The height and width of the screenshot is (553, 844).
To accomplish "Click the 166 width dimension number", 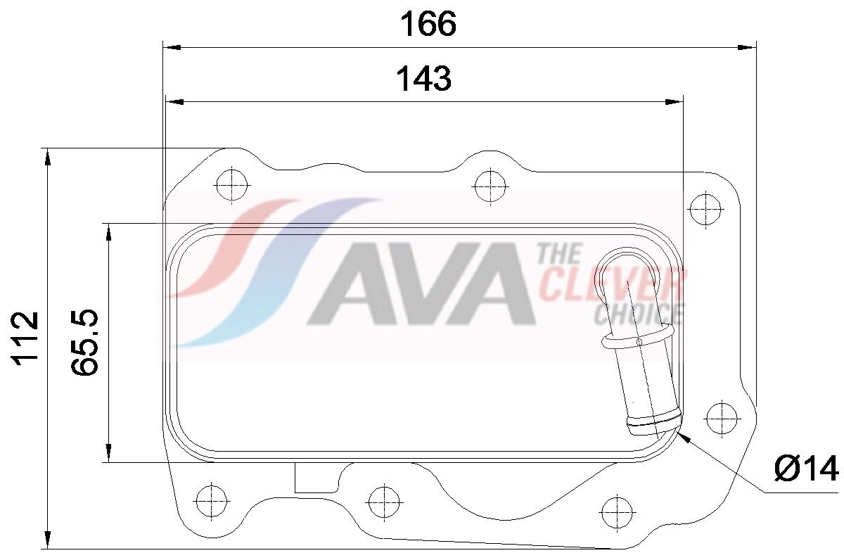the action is (x=428, y=24).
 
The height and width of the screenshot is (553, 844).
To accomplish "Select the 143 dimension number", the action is (x=424, y=78).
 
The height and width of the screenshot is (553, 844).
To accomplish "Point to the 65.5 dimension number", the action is (x=84, y=342).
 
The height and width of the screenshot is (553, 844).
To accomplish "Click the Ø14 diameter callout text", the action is (x=806, y=469).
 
